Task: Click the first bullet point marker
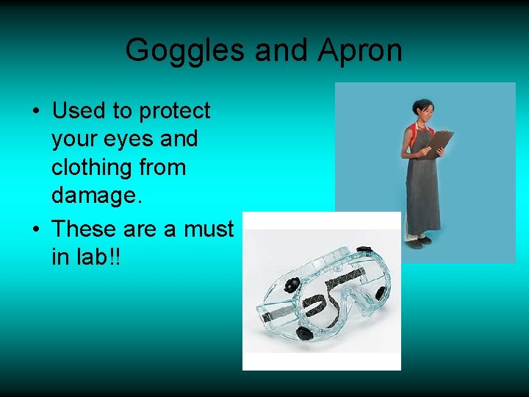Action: click(x=35, y=112)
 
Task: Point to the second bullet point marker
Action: click(x=35, y=230)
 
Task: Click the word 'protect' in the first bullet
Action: click(x=175, y=112)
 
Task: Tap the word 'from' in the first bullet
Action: click(x=165, y=168)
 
